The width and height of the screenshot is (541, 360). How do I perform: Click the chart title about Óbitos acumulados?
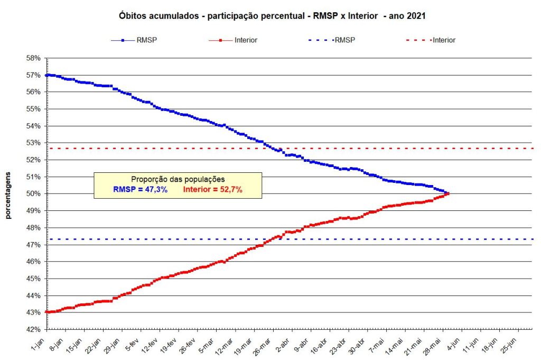click(273, 16)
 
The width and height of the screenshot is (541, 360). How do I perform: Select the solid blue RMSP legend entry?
click(134, 40)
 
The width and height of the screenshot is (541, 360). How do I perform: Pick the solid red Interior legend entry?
click(233, 40)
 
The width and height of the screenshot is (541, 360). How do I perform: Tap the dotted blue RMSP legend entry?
click(333, 40)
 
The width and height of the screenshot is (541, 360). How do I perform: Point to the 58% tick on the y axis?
click(33, 58)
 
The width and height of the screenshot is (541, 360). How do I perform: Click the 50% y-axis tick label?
click(33, 193)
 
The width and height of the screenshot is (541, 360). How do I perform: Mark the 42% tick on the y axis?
click(33, 329)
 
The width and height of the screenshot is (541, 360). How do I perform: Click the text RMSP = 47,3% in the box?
click(141, 190)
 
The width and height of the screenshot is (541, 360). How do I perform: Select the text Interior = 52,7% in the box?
click(213, 190)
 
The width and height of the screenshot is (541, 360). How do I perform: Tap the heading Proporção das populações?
click(178, 179)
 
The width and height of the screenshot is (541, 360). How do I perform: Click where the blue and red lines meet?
click(447, 193)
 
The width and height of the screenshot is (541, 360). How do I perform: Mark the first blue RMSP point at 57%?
click(46, 75)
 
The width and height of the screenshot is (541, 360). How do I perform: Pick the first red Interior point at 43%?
click(46, 312)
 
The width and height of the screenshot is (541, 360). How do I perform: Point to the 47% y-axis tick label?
click(33, 245)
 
